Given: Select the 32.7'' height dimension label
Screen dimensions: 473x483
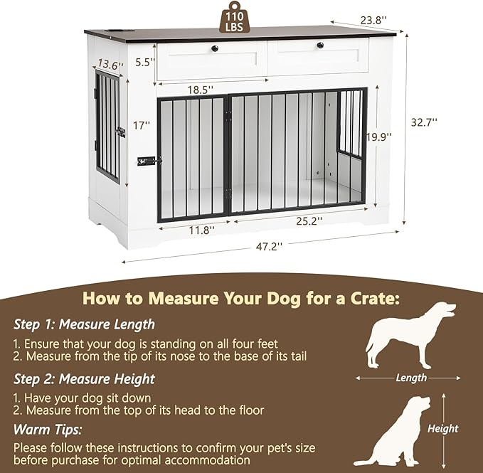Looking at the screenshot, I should pos(424,122).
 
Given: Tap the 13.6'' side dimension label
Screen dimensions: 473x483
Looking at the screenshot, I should pos(111,64).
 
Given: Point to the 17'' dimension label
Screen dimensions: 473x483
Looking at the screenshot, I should pos(142,125).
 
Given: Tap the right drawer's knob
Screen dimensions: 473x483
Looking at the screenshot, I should pos(319,46).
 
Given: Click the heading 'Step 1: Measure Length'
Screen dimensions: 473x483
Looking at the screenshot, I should pos(84,324).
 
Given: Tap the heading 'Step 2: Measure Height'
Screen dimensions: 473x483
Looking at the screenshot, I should pos(84,379).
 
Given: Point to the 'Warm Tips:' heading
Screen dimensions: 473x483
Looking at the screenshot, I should pos(48,430).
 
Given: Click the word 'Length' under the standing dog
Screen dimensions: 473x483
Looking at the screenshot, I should pos(411,378).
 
